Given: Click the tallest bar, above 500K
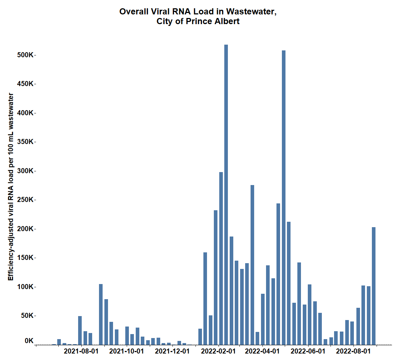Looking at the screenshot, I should pyautogui.click(x=226, y=194).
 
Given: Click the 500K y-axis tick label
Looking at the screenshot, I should pyautogui.click(x=26, y=55).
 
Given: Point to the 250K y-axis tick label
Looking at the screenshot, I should pyautogui.click(x=26, y=200).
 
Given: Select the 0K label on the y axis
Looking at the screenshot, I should pyautogui.click(x=29, y=341).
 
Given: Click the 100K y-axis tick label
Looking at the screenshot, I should pyautogui.click(x=26, y=287).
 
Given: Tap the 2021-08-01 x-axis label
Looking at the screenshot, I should pyautogui.click(x=81, y=351).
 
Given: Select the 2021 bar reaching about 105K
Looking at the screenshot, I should pyautogui.click(x=101, y=314).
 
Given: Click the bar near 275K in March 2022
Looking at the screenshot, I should pyautogui.click(x=252, y=265).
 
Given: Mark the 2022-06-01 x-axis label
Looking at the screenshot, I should pyautogui.click(x=307, y=351).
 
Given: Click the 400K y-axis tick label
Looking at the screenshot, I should pyautogui.click(x=26, y=113).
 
